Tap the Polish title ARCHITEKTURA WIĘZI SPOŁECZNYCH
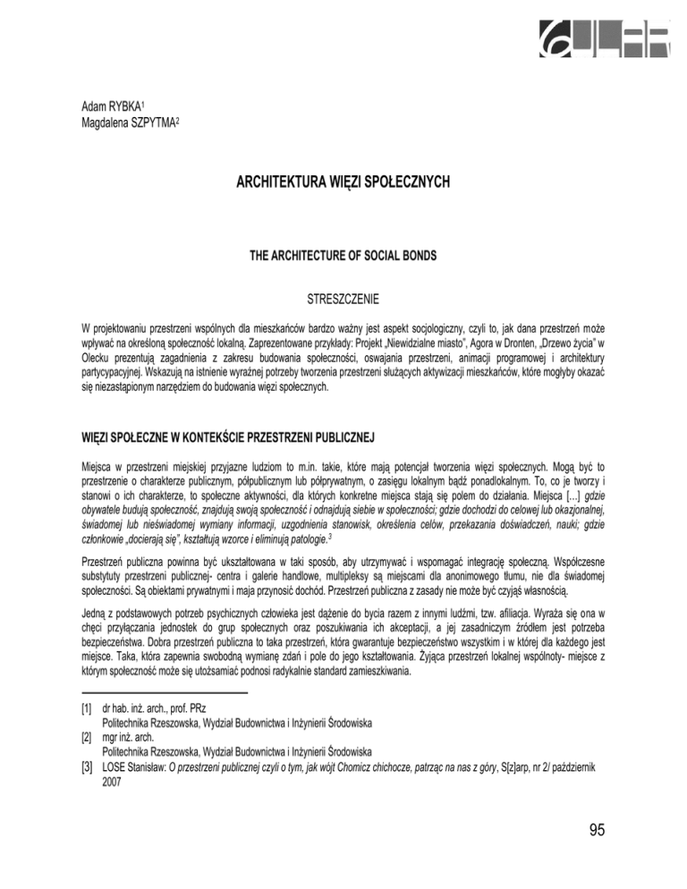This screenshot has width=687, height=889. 343,185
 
